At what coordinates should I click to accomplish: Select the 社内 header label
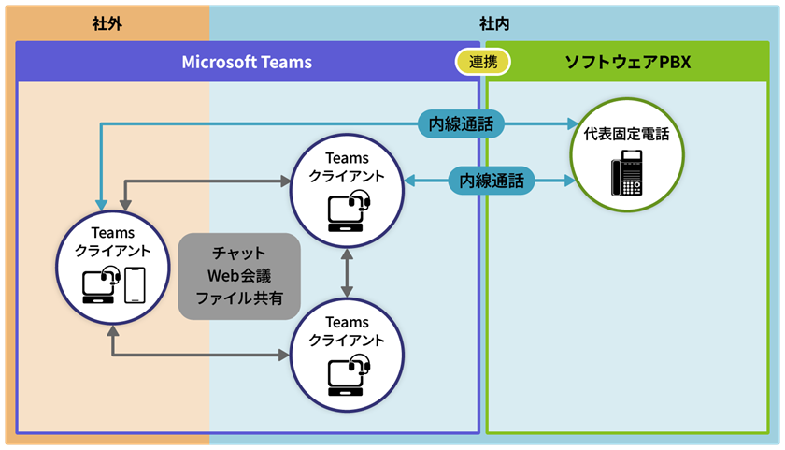[492, 23]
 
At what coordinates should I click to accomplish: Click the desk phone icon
[627, 172]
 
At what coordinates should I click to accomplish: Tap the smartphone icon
[136, 285]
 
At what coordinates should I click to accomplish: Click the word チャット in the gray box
[239, 254]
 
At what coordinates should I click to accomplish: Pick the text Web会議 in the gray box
[239, 276]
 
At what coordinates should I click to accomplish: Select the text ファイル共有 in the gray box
[239, 299]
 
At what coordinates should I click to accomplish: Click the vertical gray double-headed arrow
[348, 274]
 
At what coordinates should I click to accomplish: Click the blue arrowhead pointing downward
[99, 203]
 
